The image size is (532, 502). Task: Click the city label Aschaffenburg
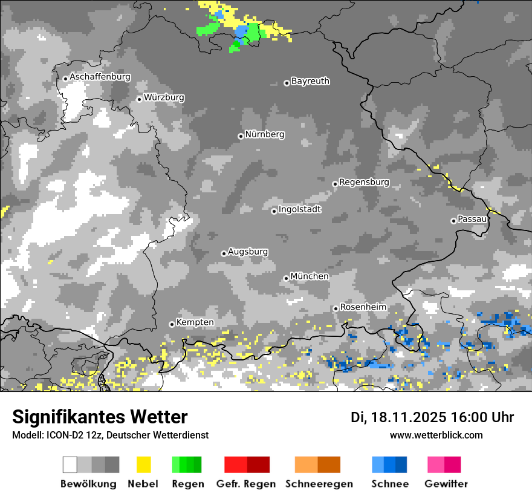coord(100,77)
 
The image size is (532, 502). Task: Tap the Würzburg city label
coord(164,97)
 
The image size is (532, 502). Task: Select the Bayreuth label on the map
coord(310,81)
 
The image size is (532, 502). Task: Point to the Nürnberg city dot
coord(241,136)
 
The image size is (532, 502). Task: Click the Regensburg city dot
coord(335,183)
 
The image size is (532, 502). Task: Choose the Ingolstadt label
coord(299,209)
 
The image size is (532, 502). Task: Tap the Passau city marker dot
coord(453,221)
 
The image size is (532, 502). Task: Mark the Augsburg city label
coord(248,252)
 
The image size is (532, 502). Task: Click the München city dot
coord(286,278)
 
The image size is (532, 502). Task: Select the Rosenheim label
coord(363,307)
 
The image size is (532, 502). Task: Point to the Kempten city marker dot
coord(172,324)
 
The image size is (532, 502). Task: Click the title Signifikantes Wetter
coord(100,417)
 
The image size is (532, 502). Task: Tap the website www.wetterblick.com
coord(436,435)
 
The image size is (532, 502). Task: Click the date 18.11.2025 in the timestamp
coord(409,417)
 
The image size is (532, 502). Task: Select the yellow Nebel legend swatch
coord(143,465)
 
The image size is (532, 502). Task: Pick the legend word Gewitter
coord(446,484)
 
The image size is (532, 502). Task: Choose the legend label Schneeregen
coord(319,484)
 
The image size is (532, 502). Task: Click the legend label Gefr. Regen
coord(245,484)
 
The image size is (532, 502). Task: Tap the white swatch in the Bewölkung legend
coord(70,465)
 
